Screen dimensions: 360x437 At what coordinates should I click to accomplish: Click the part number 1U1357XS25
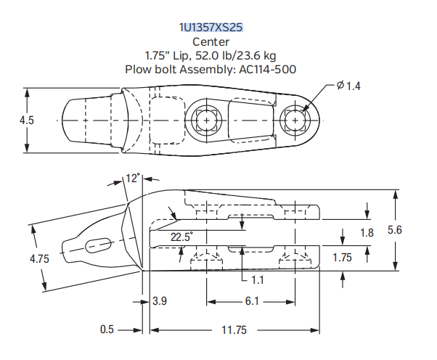[211, 28]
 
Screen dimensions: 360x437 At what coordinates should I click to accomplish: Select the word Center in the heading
[211, 41]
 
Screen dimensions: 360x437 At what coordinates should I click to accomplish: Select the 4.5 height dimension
[26, 120]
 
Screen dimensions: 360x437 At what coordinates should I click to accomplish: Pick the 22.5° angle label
[182, 237]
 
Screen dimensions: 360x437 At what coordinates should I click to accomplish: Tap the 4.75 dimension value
[40, 258]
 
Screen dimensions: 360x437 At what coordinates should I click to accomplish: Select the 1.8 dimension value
[367, 232]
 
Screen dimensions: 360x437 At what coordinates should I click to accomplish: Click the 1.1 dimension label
[258, 279]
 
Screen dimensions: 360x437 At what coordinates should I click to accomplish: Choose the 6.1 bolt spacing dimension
[250, 300]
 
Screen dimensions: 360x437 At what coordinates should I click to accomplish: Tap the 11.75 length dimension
[233, 330]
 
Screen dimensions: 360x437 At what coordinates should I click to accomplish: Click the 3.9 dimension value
[160, 300]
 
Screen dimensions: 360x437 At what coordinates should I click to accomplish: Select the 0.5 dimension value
[107, 330]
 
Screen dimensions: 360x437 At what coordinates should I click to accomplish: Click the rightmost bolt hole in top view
[295, 120]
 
